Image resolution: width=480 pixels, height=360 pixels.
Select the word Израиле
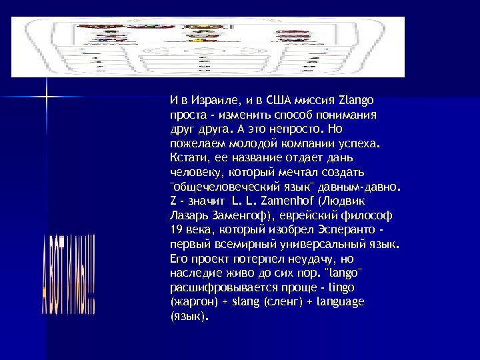coord(208,101)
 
